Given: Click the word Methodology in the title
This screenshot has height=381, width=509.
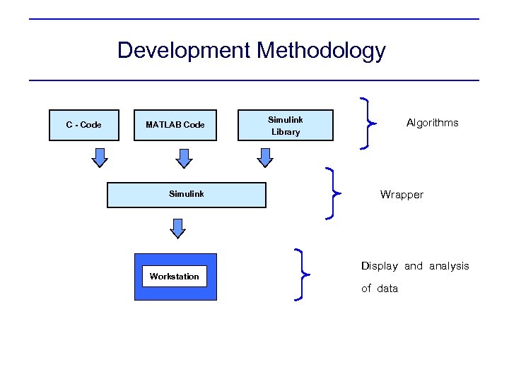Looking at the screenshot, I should (x=322, y=51).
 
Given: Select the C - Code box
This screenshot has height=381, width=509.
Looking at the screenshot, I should (x=83, y=125).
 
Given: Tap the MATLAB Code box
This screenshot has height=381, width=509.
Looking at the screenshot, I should (x=175, y=125).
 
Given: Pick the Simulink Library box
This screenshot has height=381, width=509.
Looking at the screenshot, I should (x=286, y=126).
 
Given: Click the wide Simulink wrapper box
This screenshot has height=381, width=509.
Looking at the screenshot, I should (x=186, y=194).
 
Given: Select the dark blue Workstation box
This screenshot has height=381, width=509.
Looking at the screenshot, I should (x=175, y=263).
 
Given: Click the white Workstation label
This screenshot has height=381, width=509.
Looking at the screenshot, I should (x=174, y=276).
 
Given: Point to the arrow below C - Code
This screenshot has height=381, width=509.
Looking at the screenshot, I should (x=101, y=157).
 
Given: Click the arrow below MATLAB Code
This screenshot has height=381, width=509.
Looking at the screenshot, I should (x=184, y=157).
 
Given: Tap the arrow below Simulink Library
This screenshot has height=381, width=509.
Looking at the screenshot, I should (x=265, y=157).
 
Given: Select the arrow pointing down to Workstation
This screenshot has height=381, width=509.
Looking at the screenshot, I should (x=178, y=228).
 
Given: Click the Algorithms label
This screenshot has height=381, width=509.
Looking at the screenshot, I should (x=432, y=123).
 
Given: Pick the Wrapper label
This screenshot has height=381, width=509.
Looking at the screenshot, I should (x=402, y=195).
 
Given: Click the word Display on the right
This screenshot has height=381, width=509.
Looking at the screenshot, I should (x=379, y=266).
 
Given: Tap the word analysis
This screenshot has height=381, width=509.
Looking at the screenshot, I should (x=449, y=266).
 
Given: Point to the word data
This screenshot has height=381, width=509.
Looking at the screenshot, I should (x=387, y=289).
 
